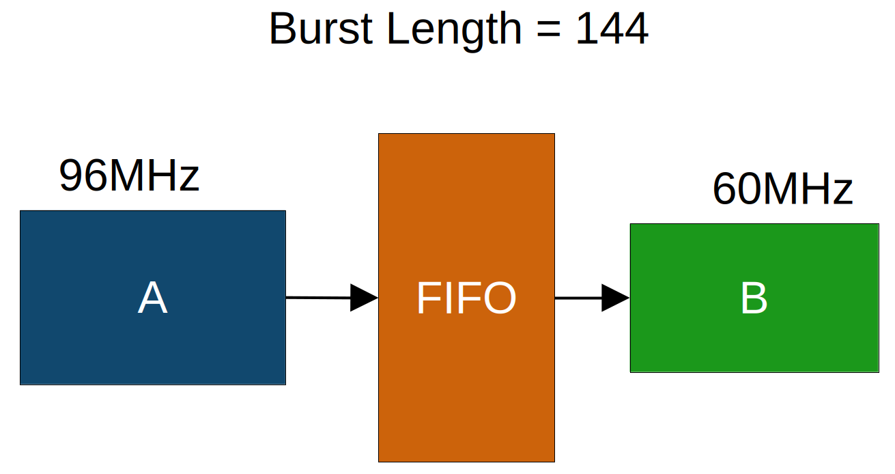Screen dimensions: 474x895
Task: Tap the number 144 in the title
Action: (611, 29)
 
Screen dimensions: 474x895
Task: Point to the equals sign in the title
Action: (550, 30)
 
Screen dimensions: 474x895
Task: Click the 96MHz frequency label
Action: (129, 176)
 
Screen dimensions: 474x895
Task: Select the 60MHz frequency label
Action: (782, 189)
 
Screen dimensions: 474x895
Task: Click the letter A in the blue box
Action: (152, 298)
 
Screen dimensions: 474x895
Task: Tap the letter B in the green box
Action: (754, 298)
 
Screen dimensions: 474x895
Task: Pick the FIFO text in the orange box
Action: (466, 298)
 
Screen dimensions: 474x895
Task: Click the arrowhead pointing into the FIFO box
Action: (363, 298)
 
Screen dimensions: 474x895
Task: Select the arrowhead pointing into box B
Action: (614, 298)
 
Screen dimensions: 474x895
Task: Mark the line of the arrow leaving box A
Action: (317, 298)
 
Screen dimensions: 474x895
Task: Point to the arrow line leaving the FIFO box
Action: (578, 298)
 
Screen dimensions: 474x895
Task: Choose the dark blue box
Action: (82, 341)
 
